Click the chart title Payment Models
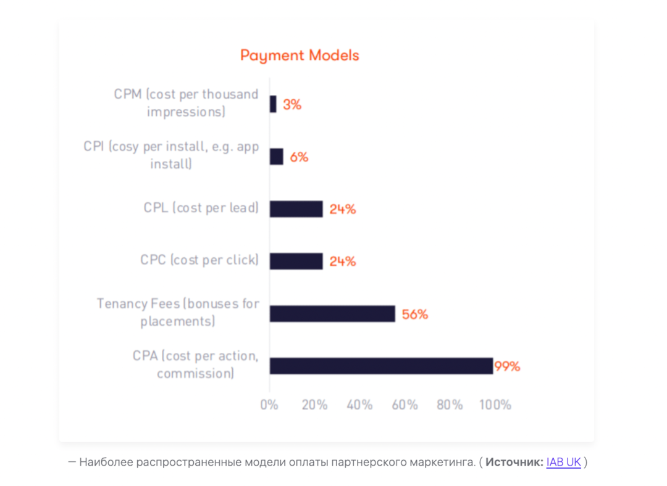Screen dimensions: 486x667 click(x=300, y=56)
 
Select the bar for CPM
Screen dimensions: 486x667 click(x=273, y=104)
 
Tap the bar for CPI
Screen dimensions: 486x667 click(x=276, y=157)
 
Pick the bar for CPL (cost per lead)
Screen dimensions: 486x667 click(x=296, y=209)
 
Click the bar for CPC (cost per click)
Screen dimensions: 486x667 click(x=296, y=261)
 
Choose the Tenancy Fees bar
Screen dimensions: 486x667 click(x=332, y=314)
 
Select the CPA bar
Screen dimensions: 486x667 click(x=381, y=366)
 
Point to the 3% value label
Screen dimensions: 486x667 click(x=292, y=105)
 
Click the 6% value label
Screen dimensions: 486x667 click(x=299, y=157)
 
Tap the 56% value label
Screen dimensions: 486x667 click(x=414, y=315)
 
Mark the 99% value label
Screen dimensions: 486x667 click(x=507, y=366)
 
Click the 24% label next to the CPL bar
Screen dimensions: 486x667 click(x=343, y=209)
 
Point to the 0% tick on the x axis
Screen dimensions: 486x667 click(x=269, y=405)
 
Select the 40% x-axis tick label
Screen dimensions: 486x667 click(x=359, y=405)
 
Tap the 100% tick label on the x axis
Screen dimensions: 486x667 click(x=495, y=405)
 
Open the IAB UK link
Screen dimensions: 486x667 click(x=563, y=462)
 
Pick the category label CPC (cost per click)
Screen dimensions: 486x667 click(x=199, y=260)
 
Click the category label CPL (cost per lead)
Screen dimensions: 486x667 click(x=201, y=208)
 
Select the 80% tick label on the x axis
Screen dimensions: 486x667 click(x=450, y=405)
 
